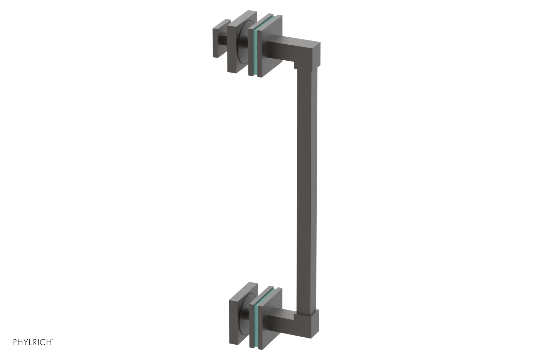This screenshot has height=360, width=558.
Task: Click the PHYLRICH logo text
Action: coord(33,342)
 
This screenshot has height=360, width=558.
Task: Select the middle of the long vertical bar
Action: coord(307,188)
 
